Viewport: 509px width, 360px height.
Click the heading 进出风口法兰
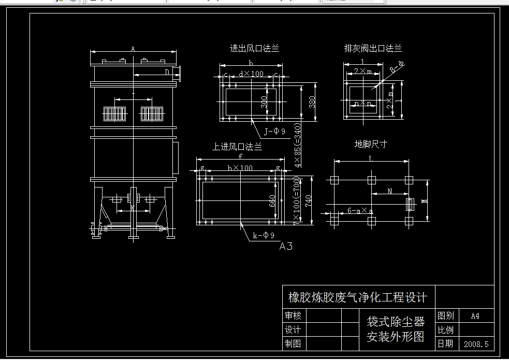pos(254,49)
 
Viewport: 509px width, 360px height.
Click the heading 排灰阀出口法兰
pos(373,49)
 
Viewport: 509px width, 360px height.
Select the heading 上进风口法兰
pos(237,147)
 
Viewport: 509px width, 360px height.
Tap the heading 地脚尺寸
pos(371,144)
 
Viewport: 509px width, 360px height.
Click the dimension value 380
pos(312,102)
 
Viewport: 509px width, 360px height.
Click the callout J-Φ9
pos(274,132)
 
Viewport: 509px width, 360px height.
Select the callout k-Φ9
pos(264,236)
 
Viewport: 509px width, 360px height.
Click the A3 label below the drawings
pos(286,246)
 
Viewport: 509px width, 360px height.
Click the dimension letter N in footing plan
pos(390,191)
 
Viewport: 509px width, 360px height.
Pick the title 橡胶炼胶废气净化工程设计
pos(357,297)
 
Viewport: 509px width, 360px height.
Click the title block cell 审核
pos(293,315)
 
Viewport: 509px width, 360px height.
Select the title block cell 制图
pos(293,343)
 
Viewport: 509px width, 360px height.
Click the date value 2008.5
pos(476,343)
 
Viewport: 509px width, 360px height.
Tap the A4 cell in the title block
pos(475,315)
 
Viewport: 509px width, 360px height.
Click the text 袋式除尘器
pos(396,322)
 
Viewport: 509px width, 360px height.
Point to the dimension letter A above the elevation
pos(133,49)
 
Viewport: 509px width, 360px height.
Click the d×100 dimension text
pos(251,74)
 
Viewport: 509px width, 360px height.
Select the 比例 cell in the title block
pos(446,329)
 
